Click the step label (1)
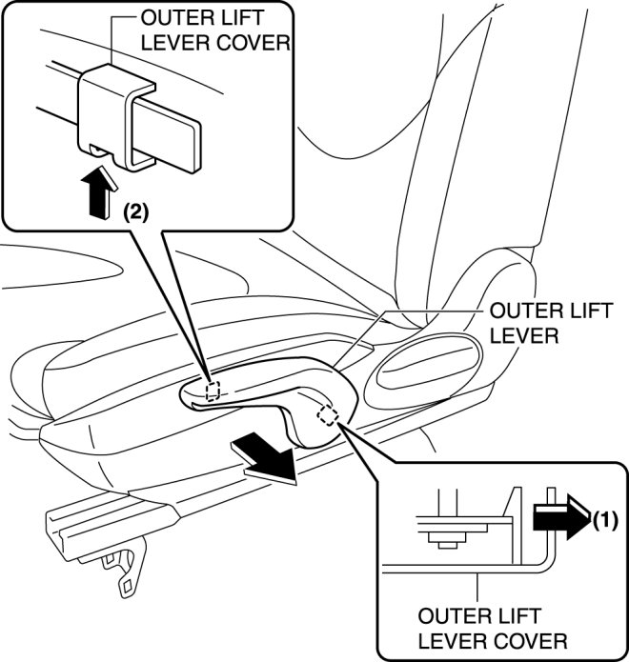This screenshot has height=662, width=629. pyautogui.click(x=606, y=521)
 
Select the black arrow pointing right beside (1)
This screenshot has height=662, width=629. pyautogui.click(x=561, y=518)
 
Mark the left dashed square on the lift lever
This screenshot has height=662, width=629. pyautogui.click(x=215, y=390)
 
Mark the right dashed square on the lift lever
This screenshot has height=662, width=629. pyautogui.click(x=328, y=414)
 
